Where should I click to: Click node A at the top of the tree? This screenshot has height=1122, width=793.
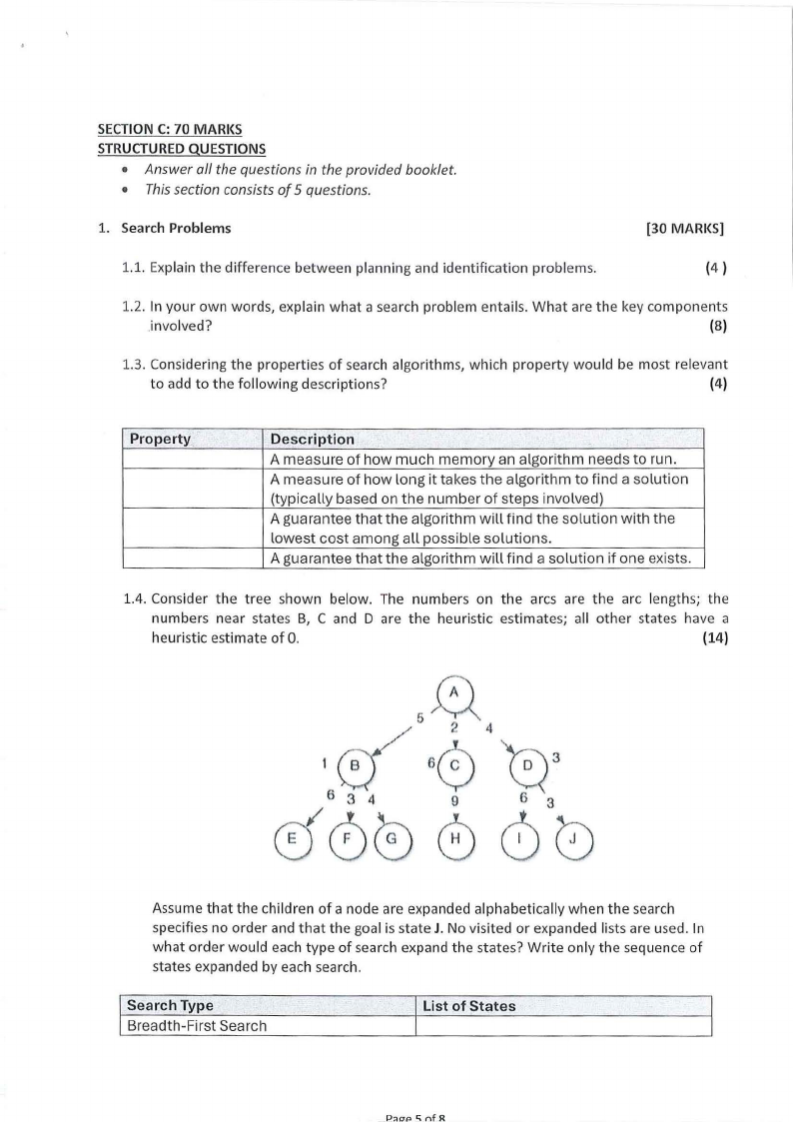[453, 691]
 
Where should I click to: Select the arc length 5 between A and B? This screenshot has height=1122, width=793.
[420, 717]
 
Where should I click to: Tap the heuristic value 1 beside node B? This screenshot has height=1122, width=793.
[326, 764]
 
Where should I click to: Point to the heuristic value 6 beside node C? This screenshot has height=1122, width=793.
[430, 762]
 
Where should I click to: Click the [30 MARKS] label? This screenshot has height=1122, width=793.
[685, 228]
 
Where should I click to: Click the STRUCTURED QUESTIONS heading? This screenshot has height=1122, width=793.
[181, 149]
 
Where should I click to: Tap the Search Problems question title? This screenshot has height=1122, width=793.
[176, 228]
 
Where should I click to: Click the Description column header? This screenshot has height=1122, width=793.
[313, 439]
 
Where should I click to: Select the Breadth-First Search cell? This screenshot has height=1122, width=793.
[196, 1026]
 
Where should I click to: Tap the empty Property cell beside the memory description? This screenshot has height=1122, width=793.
[195, 460]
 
